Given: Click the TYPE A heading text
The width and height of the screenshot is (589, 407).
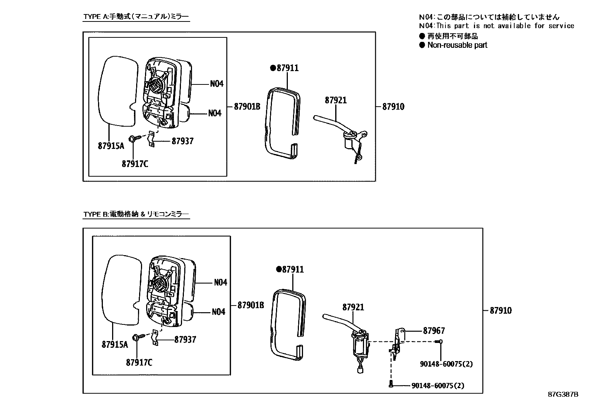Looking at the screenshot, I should (136, 17).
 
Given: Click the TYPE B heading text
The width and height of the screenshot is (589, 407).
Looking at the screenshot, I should (136, 214).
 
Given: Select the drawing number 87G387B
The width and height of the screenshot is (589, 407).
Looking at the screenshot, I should (563, 394).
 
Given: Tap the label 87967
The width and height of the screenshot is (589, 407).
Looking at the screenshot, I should (434, 331).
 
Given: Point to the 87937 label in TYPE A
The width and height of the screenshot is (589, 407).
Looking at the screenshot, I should (182, 141).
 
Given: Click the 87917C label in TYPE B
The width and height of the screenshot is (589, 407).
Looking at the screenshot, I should (139, 363).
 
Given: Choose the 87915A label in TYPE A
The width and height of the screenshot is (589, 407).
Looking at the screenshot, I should (111, 146).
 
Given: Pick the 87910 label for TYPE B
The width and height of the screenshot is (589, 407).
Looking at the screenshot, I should (501, 311).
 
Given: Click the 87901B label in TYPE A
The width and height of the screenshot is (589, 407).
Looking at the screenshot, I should (247, 107).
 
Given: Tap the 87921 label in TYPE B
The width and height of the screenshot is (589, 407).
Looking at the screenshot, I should (353, 307).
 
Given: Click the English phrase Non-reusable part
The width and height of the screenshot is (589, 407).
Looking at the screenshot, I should (457, 45).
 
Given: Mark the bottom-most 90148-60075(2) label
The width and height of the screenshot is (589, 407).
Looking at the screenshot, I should (438, 386).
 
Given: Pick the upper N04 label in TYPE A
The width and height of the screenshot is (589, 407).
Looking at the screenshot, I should (216, 84).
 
